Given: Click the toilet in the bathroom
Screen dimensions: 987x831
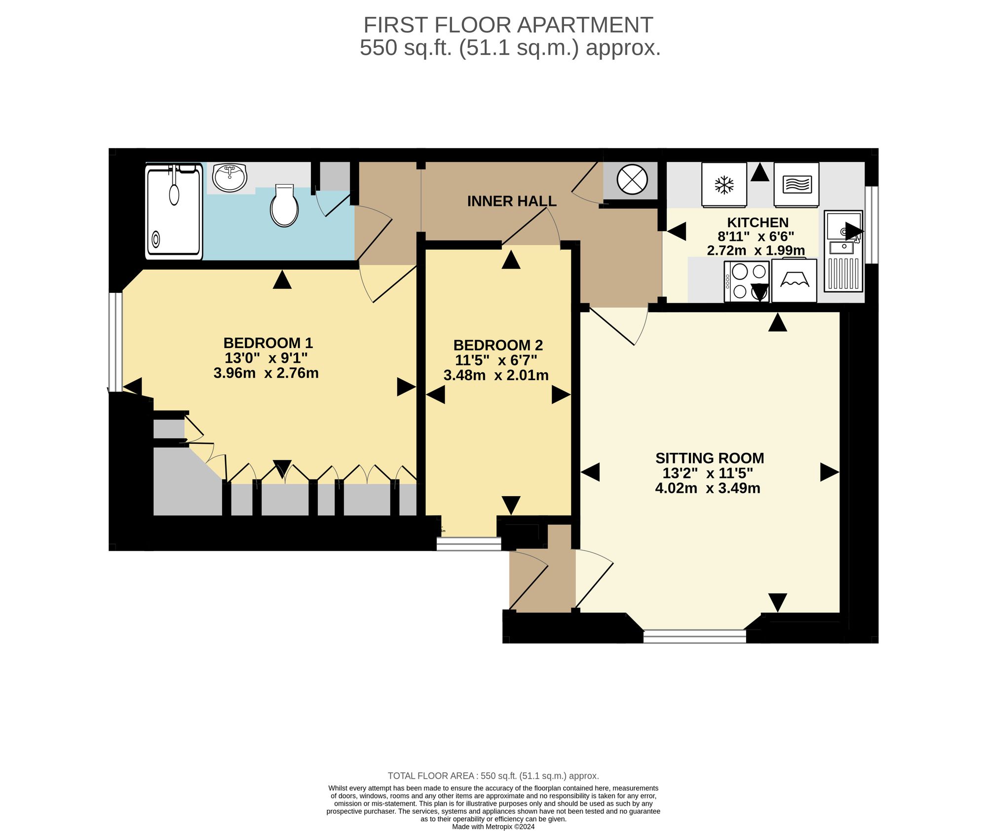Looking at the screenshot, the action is click(284, 205).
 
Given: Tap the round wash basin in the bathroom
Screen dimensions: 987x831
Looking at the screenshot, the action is click(229, 177).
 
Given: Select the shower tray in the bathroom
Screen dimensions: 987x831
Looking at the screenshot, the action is click(174, 211).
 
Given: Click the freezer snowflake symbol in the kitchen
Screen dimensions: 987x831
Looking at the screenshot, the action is click(724, 185).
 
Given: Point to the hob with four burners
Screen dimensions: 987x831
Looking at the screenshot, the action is click(746, 281).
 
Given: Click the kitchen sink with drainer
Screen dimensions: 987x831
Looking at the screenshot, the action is click(843, 251).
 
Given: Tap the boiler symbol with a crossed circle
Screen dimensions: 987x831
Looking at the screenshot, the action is click(632, 179).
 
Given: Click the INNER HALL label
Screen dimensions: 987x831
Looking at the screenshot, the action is click(512, 201).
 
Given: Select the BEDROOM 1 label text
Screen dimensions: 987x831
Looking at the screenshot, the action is click(268, 343).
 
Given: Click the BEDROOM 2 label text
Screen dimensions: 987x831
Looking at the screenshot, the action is click(498, 345).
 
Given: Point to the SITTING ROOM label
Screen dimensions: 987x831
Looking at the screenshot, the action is click(710, 458).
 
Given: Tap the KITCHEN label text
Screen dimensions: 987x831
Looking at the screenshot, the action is click(758, 222).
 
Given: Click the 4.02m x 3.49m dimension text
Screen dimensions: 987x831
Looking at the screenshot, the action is click(708, 488).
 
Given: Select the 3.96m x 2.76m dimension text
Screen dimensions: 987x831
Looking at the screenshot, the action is click(266, 373).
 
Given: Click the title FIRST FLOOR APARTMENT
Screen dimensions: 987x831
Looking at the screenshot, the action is click(508, 25).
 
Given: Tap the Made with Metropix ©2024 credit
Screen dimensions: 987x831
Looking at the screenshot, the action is click(493, 827).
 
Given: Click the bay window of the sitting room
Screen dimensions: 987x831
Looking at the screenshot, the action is click(695, 636).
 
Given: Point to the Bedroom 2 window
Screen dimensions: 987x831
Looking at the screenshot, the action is click(469, 544).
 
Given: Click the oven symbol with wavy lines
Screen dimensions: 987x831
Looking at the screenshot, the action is click(797, 185).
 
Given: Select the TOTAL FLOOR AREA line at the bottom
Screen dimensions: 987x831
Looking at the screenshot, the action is click(493, 776).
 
